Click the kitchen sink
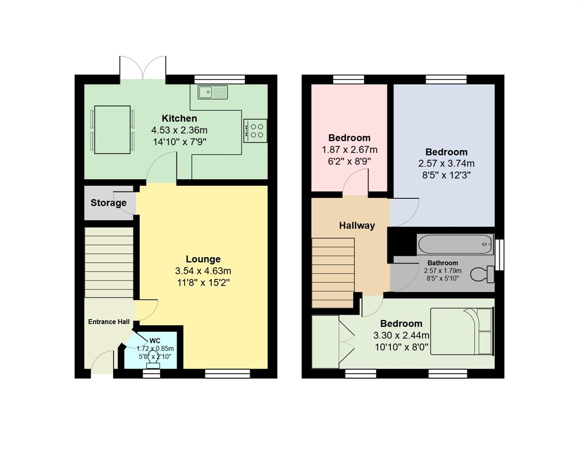(213, 92)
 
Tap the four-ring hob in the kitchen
(255, 131)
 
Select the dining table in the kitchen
(112, 130)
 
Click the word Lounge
(203, 259)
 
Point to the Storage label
(109, 203)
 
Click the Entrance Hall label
(109, 322)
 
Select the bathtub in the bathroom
(455, 244)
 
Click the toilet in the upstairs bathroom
(483, 275)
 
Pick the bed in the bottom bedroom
(461, 331)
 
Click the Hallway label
(357, 226)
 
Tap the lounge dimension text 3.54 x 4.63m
(203, 271)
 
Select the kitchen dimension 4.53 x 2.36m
(179, 130)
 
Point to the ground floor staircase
(109, 262)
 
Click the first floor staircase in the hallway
(333, 273)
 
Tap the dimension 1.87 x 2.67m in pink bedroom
(349, 150)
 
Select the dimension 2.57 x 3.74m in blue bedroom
(446, 164)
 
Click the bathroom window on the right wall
(499, 255)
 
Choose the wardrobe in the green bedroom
(325, 342)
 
